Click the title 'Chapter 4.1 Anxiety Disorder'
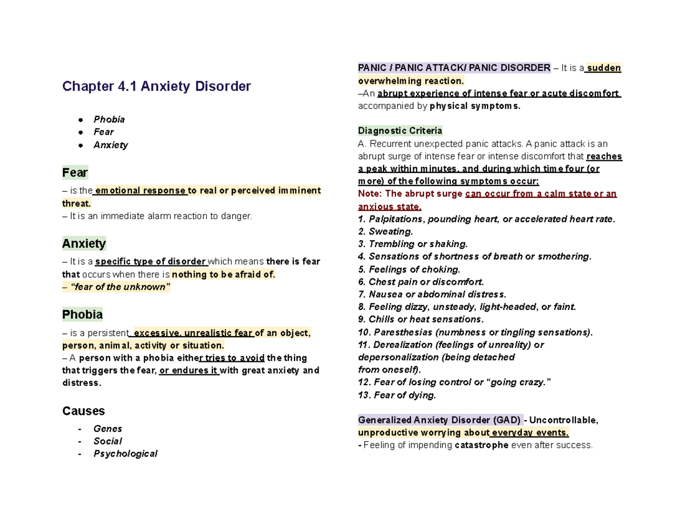point(156,87)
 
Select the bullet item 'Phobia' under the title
point(109,119)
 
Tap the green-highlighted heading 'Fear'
point(75,172)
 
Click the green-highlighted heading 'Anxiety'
point(84,244)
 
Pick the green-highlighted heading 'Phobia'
point(82,314)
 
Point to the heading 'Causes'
point(83,411)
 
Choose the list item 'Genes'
point(108,429)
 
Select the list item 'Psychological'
point(125,454)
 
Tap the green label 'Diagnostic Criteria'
point(400,130)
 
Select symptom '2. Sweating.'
point(385,232)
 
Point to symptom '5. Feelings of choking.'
point(409,269)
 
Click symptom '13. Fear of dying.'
point(397,395)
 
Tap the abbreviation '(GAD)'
point(507,420)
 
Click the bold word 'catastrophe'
point(481,445)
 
